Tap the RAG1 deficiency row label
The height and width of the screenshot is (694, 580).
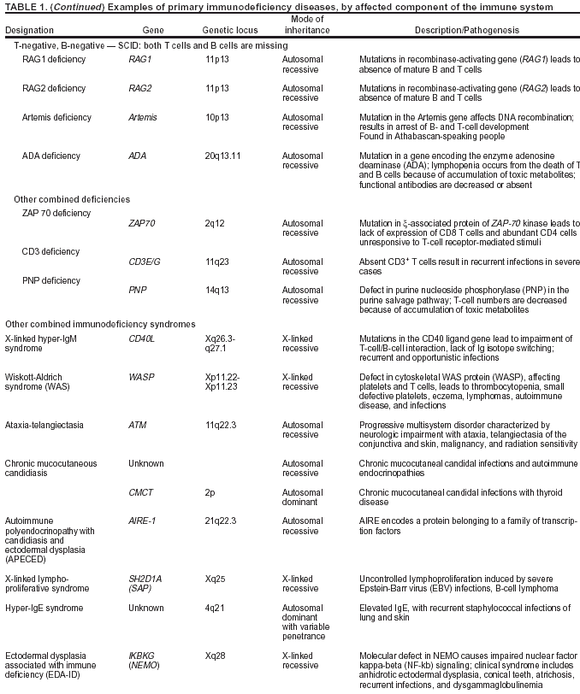54,60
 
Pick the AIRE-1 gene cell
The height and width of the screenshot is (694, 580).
143,519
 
